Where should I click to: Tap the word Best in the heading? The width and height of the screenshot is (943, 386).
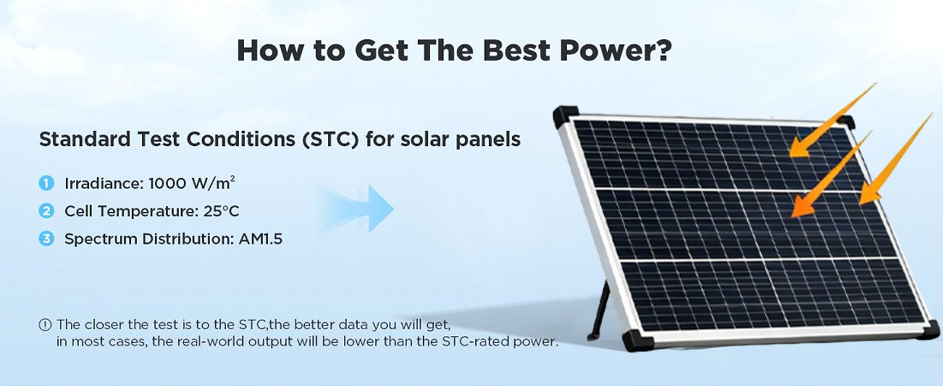tap(517, 50)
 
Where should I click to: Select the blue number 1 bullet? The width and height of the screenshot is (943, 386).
tap(46, 183)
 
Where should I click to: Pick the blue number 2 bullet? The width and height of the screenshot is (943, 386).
tap(46, 210)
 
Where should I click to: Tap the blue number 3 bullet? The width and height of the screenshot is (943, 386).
tap(46, 239)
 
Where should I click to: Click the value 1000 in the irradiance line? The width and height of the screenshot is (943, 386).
tap(167, 184)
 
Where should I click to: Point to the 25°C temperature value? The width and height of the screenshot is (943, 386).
tap(222, 211)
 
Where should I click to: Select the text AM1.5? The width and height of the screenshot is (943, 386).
tap(261, 239)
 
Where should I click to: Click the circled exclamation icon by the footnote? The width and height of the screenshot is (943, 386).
tap(45, 325)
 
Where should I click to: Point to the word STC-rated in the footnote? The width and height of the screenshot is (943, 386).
tap(476, 342)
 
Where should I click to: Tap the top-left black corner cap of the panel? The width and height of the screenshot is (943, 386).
tap(566, 116)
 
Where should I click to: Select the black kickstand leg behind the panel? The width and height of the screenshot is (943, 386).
tap(599, 311)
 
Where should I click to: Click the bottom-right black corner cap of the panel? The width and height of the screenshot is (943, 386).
tap(929, 329)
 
